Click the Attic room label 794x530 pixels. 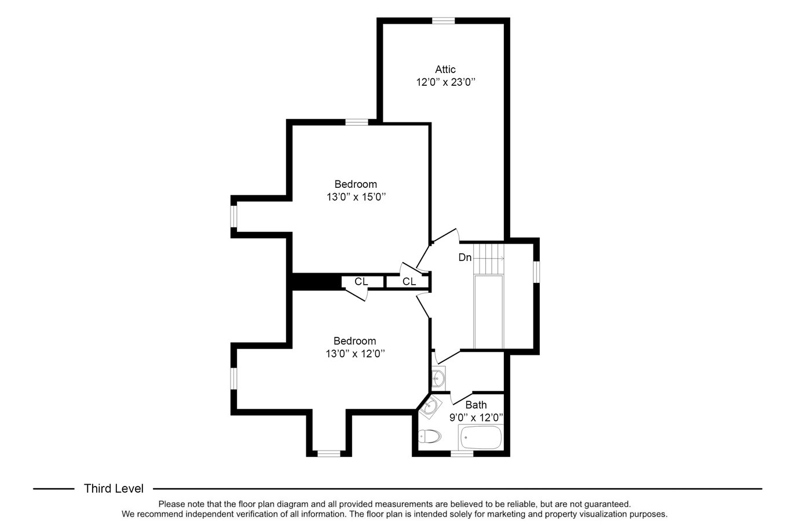pyautogui.click(x=445, y=69)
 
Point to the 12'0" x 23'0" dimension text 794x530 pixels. pyautogui.click(x=445, y=82)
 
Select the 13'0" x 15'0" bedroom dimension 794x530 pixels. pyautogui.click(x=356, y=197)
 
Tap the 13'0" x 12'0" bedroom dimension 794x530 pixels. pyautogui.click(x=355, y=354)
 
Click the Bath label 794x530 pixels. pyautogui.click(x=476, y=405)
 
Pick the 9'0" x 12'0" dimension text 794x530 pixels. pyautogui.click(x=477, y=418)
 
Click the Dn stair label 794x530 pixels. pyautogui.click(x=464, y=257)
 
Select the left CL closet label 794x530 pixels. pyautogui.click(x=361, y=281)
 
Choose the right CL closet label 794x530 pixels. pyautogui.click(x=409, y=281)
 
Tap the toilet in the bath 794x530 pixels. pyautogui.click(x=430, y=436)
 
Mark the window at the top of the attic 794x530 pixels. pyautogui.click(x=443, y=21)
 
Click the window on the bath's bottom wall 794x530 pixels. pyautogui.click(x=462, y=453)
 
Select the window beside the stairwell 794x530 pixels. pyautogui.click(x=536, y=272)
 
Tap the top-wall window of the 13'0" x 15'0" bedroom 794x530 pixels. pyautogui.click(x=357, y=122)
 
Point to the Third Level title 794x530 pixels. pyautogui.click(x=114, y=488)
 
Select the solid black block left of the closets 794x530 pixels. pyautogui.click(x=317, y=282)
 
